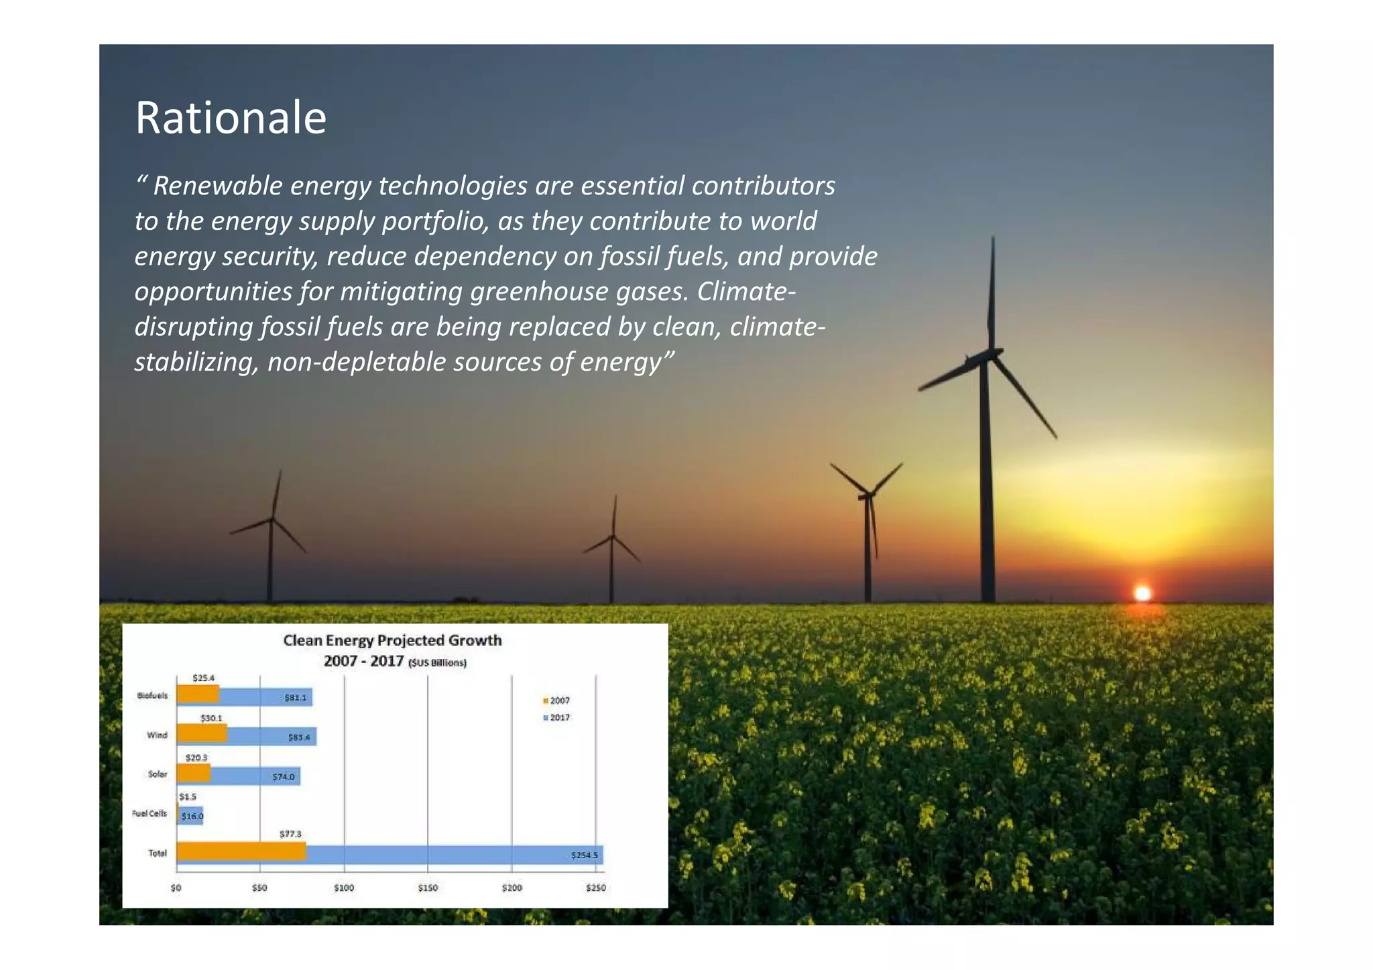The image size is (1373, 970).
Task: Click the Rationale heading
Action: click(x=231, y=118)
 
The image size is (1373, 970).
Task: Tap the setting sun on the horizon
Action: click(x=1142, y=593)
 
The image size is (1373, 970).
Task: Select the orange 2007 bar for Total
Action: click(x=241, y=851)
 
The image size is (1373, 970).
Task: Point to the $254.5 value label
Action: click(x=584, y=855)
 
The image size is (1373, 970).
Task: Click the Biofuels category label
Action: click(x=152, y=695)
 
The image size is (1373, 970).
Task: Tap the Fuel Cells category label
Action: click(x=150, y=813)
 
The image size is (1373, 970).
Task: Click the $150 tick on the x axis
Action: click(x=428, y=888)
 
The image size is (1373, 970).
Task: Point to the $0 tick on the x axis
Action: click(x=176, y=888)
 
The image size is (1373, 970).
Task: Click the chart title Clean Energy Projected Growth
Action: click(x=392, y=640)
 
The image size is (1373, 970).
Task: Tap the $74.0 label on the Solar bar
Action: click(x=283, y=777)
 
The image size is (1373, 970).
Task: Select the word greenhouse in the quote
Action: click(x=540, y=292)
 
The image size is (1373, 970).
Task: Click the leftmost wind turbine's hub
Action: click(x=272, y=519)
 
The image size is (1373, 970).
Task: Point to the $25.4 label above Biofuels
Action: click(x=203, y=678)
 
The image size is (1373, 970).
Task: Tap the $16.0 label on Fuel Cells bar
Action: click(x=192, y=816)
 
